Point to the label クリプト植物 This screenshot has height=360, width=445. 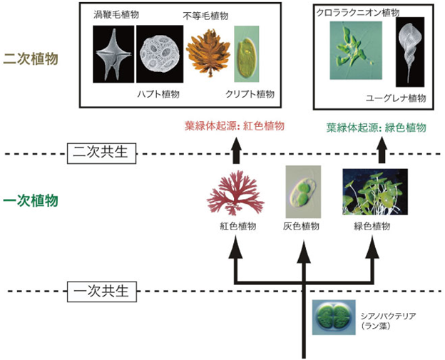click(252, 94)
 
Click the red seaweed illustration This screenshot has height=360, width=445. click(233, 195)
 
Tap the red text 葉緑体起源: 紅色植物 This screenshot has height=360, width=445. click(235, 126)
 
